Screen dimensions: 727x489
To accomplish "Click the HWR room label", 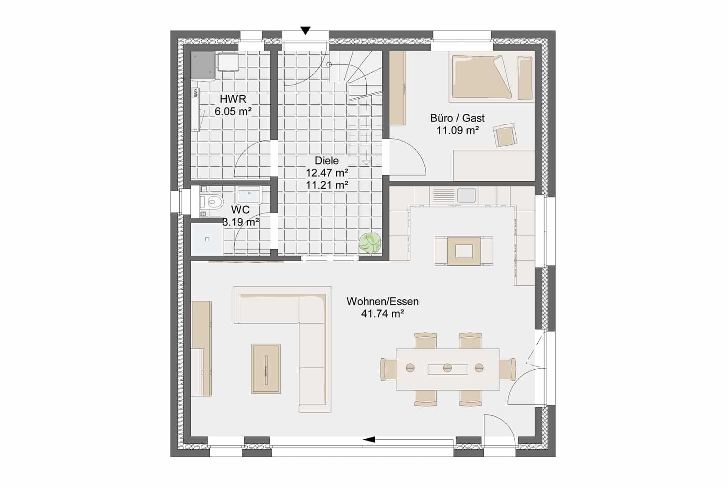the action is pos(233,99).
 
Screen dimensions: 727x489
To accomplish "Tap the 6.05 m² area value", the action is pos(233,112).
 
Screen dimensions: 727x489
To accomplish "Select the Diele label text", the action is pos(327,160).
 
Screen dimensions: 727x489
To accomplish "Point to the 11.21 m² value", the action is pos(327,185).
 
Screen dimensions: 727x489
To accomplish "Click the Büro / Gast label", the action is pos(457,118).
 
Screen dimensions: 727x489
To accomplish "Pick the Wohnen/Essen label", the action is pos(383,302).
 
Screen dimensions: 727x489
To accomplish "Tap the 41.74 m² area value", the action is pos(383,314).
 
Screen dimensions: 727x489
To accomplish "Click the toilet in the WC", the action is pos(212,202).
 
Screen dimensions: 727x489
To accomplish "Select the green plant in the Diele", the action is pos(369,242).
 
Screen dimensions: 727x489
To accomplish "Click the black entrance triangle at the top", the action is pos(305,31).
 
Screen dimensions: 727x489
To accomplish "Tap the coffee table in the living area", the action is pos(266,369).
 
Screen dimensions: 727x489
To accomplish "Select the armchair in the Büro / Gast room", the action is pos(505,135).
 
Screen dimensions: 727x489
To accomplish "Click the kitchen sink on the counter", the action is pos(466,195).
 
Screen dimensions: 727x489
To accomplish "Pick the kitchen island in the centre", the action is pos(464,251).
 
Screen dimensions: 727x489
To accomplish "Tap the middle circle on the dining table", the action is pos(448,368).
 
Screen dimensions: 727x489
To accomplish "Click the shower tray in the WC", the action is pos(207,239).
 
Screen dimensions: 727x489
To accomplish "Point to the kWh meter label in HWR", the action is pos(195,93).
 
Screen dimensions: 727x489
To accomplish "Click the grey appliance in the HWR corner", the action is pos(203,66).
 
